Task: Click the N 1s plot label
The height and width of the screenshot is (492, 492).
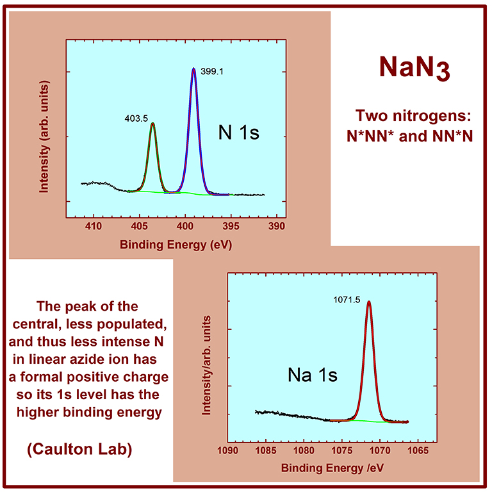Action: point(237,134)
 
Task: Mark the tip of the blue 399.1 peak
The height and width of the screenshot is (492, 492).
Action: point(193,69)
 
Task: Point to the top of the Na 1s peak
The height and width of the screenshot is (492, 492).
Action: point(368,302)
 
